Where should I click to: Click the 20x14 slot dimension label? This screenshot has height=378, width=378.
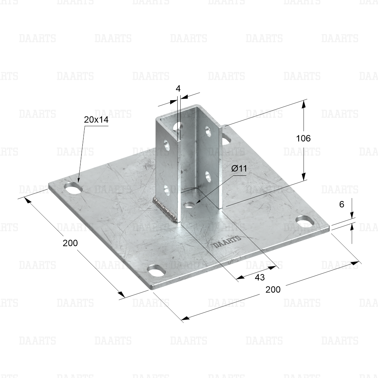pos(96,119)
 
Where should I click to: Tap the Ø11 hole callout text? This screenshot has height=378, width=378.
pos(239,168)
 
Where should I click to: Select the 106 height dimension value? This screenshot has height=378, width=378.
pos(303,138)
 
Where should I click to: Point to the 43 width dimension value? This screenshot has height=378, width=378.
pos(260,277)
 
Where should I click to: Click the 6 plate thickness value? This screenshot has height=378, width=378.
pos(342,204)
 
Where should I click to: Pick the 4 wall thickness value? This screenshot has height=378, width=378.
pos(178,89)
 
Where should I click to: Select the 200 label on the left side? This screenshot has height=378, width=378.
pos(70,243)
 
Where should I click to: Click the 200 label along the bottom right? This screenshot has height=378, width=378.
pos(273,289)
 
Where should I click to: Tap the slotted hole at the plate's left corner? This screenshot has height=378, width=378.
pos(73,189)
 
